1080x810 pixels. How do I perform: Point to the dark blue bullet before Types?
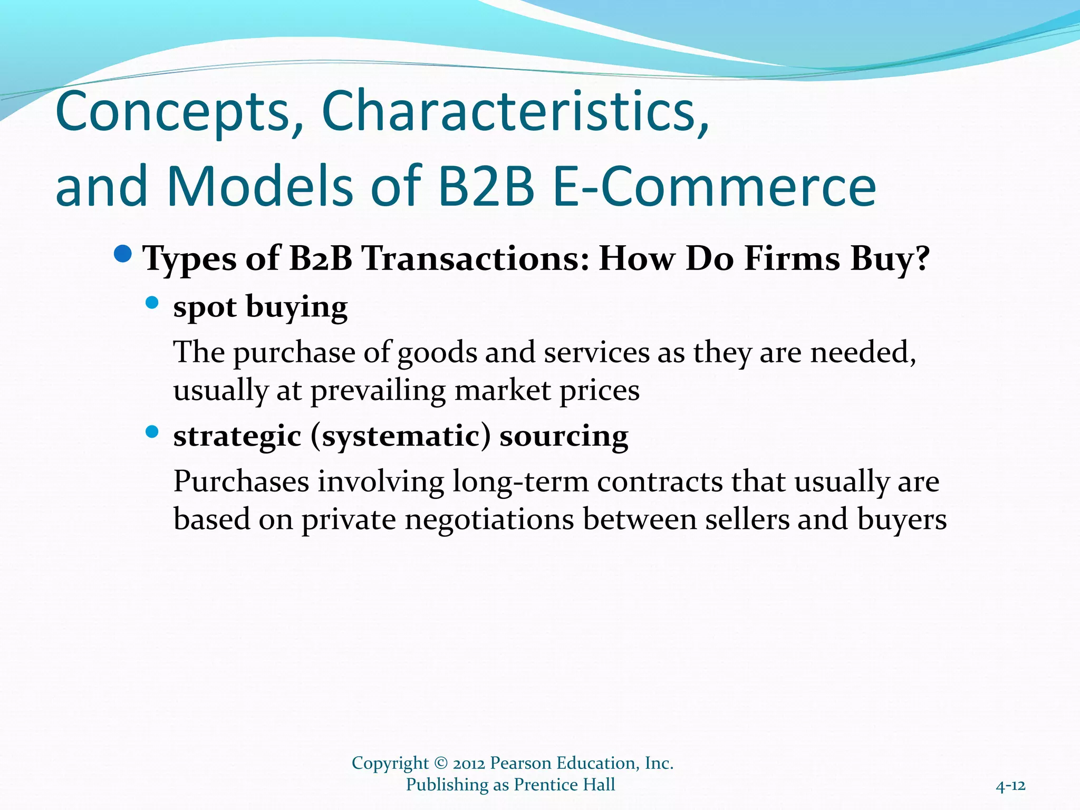[123, 254]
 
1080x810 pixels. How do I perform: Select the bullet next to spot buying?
[152, 302]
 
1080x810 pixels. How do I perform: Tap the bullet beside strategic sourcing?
[152, 432]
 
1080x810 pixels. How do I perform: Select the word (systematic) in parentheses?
[400, 437]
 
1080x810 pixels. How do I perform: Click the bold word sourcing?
[564, 437]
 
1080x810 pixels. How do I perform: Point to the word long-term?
[520, 482]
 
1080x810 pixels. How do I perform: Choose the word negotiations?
[489, 520]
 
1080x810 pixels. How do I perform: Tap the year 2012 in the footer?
[469, 763]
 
